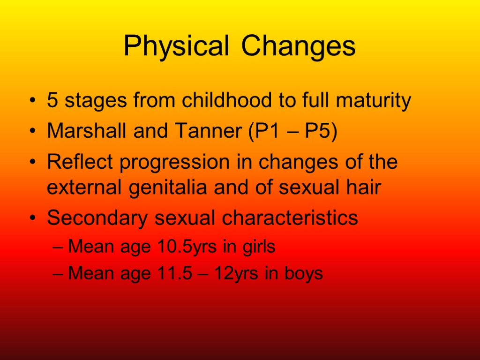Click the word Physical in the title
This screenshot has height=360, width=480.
176,46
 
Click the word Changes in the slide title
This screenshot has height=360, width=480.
299,46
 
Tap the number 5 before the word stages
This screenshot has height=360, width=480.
52,100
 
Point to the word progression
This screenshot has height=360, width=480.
165,163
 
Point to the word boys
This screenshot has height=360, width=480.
305,273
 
